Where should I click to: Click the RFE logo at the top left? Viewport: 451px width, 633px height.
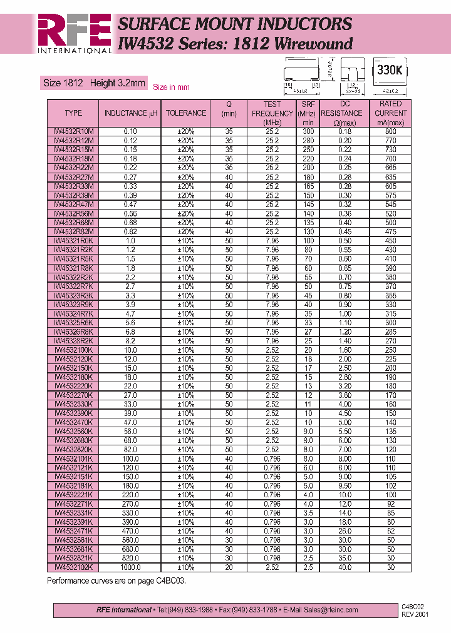74,33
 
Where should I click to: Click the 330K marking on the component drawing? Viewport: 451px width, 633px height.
389,70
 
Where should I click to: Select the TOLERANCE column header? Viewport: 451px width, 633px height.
186,113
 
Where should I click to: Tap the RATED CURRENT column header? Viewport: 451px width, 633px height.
390,113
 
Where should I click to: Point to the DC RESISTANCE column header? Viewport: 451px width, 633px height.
345,113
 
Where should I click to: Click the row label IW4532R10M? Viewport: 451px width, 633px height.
73,131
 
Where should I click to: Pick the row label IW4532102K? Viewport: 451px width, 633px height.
73,567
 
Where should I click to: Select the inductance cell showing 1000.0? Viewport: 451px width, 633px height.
130,567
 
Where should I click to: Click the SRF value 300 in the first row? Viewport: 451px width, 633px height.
308,131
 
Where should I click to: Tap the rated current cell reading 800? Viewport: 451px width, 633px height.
390,131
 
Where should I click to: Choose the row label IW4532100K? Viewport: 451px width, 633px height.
73,350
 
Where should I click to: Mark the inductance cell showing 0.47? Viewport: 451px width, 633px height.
130,205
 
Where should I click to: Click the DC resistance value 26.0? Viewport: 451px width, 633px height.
345,531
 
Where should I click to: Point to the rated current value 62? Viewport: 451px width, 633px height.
390,531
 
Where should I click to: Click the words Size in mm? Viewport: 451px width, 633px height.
171,87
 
